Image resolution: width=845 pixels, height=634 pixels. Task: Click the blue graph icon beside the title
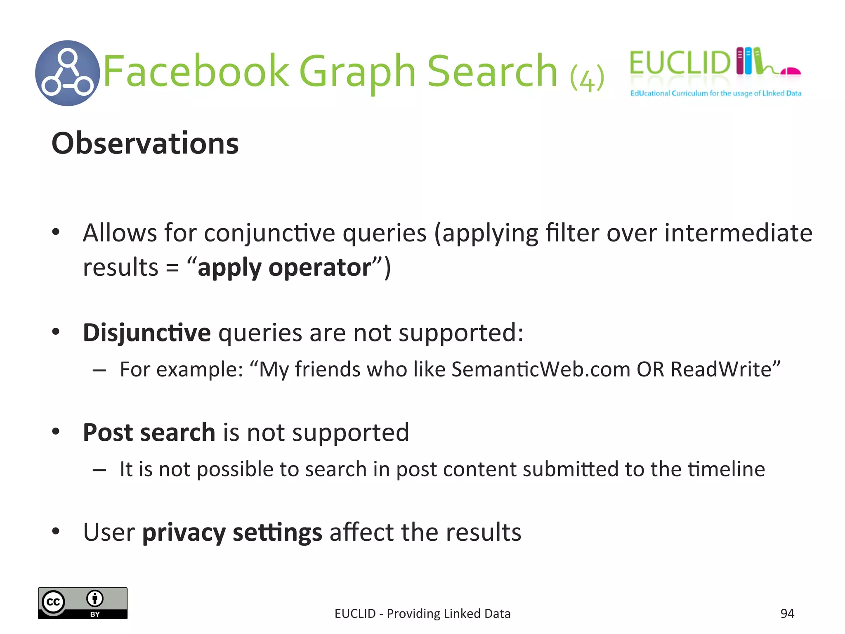pos(68,73)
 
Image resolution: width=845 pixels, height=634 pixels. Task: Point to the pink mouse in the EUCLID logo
pos(791,71)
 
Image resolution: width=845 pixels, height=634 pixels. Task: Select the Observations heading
pos(145,143)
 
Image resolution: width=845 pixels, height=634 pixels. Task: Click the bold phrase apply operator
pos(284,267)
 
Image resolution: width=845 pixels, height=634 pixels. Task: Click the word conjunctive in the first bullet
pos(269,233)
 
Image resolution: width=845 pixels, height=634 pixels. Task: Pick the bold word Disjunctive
pos(147,332)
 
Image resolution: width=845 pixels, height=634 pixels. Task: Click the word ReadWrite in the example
pos(721,369)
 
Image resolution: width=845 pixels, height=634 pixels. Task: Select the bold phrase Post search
pos(149,432)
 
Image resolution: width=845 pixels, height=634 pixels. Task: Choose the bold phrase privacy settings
pos(232,532)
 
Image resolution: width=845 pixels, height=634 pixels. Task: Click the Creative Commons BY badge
pos(83,603)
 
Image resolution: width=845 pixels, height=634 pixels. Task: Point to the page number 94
pos(787,613)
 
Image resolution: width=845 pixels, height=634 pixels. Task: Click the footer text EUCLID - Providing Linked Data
pos(422,613)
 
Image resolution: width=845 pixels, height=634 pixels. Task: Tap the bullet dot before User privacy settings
pos(56,531)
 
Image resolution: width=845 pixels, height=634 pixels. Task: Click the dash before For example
pos(99,370)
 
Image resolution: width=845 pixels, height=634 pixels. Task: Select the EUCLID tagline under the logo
pos(715,93)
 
